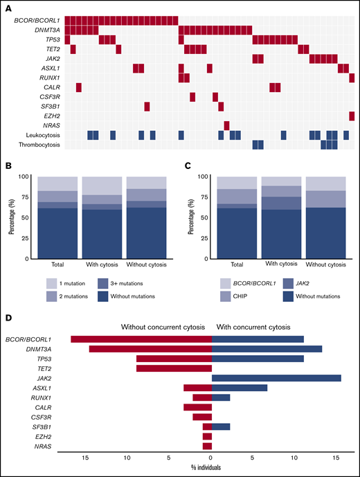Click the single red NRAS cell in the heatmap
(226, 125)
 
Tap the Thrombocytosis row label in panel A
(41, 145)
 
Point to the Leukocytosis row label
(44, 135)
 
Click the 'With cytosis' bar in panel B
(101, 217)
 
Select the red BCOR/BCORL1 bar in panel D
(141, 339)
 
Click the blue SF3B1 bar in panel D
(220, 426)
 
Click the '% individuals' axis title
(211, 470)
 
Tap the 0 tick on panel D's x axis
(211, 458)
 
